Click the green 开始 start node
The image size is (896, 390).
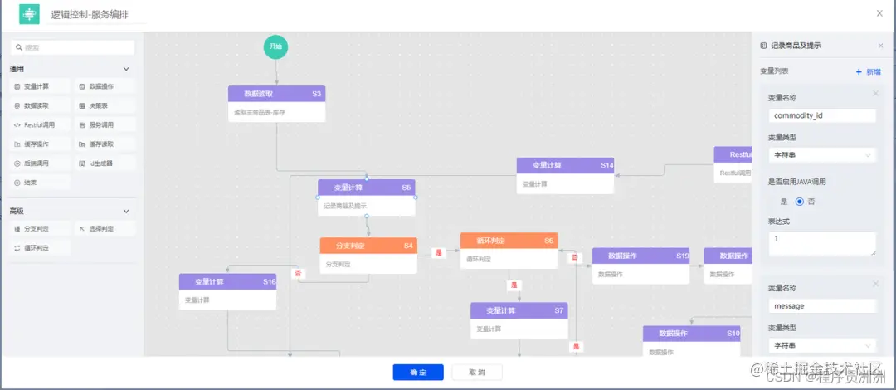276,47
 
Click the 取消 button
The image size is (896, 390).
476,373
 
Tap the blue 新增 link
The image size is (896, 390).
869,72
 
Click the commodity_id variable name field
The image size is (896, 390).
821,115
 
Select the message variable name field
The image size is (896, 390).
821,306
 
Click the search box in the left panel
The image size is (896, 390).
72,48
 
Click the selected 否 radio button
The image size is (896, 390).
800,201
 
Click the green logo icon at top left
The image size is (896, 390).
29,15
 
